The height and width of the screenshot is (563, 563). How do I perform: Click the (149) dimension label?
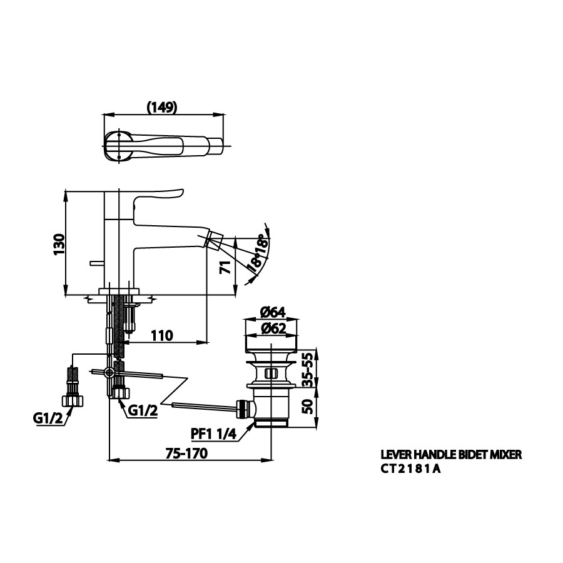(x=162, y=107)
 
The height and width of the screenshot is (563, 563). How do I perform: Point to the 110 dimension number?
(x=161, y=336)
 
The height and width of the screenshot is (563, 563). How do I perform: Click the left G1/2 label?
(x=48, y=418)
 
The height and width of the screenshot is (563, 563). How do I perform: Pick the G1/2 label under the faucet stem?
(x=143, y=410)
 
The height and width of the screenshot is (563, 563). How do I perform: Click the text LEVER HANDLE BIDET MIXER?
(x=451, y=455)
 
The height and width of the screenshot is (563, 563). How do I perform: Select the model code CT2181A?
(x=410, y=469)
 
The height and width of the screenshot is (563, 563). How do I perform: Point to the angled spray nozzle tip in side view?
(x=214, y=238)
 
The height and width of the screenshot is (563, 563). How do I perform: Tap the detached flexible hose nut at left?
(x=73, y=400)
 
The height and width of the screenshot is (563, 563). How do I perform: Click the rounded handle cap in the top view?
(x=118, y=146)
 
